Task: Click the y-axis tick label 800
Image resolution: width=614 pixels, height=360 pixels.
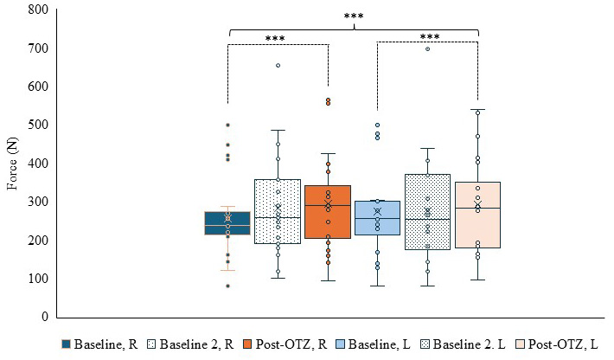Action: [38, 10]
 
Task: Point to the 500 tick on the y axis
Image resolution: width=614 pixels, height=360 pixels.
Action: [38, 125]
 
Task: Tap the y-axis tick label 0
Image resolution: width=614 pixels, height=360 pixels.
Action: [45, 316]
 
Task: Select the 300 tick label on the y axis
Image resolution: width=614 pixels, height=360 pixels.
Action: [38, 202]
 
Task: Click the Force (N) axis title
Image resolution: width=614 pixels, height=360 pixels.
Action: [12, 164]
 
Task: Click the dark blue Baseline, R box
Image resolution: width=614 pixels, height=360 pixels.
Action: [227, 223]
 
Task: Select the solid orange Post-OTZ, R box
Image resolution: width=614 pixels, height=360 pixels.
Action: [328, 212]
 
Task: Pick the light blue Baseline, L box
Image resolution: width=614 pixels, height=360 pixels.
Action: [378, 218]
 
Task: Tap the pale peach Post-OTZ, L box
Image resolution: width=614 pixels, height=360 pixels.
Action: [477, 215]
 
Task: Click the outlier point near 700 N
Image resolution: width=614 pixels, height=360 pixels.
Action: [427, 49]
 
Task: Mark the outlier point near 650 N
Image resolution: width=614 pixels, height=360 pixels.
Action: [278, 66]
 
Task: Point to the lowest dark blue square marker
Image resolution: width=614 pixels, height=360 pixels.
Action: [227, 286]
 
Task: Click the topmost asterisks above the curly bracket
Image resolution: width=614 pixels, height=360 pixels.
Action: [354, 16]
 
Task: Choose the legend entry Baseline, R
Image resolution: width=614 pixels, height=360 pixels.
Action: [99, 344]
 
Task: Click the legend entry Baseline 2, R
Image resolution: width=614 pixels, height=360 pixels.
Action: [190, 344]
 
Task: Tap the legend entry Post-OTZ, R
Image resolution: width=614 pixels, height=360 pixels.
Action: [285, 344]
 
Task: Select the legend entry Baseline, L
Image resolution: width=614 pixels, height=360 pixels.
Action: [374, 344]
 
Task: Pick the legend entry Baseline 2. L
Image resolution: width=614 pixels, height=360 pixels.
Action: [463, 344]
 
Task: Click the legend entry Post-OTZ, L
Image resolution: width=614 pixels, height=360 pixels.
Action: [557, 344]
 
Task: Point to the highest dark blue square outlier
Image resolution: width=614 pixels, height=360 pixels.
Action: [227, 125]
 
